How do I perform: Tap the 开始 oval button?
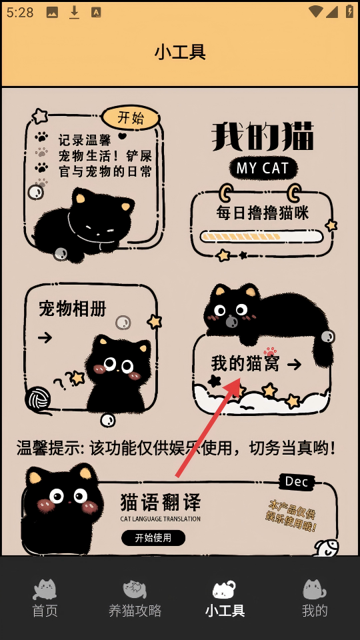(x=131, y=118)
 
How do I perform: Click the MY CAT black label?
(x=263, y=168)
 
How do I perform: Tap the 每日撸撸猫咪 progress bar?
(x=261, y=236)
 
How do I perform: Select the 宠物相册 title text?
(x=72, y=309)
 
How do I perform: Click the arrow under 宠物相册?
(x=45, y=337)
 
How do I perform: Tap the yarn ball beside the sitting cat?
(x=37, y=399)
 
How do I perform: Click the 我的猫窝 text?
(x=245, y=363)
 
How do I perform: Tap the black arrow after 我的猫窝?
(x=294, y=365)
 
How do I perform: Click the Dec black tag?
(x=297, y=481)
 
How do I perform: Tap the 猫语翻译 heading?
(x=161, y=503)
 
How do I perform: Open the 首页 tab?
(x=45, y=599)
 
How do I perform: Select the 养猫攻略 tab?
(x=135, y=599)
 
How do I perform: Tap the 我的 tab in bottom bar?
(x=315, y=599)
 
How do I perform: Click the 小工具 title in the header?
(x=180, y=52)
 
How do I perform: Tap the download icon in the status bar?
(x=74, y=13)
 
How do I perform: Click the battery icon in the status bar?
(x=349, y=11)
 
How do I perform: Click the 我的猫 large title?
(x=263, y=136)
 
